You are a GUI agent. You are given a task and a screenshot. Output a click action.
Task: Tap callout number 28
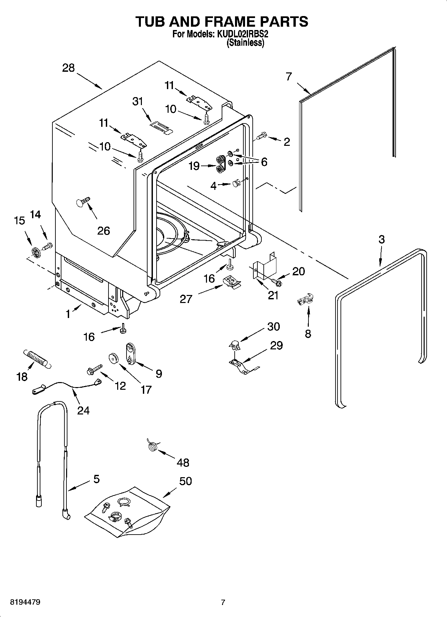point(68,68)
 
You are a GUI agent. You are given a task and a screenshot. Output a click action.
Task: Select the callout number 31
point(138,101)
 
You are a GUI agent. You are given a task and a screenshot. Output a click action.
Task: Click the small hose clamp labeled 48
point(153,445)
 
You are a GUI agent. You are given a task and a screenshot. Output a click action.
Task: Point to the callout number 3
point(382,239)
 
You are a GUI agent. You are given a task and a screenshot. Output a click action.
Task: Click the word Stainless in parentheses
point(245,43)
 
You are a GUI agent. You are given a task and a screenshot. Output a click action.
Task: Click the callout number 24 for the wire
point(83,410)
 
